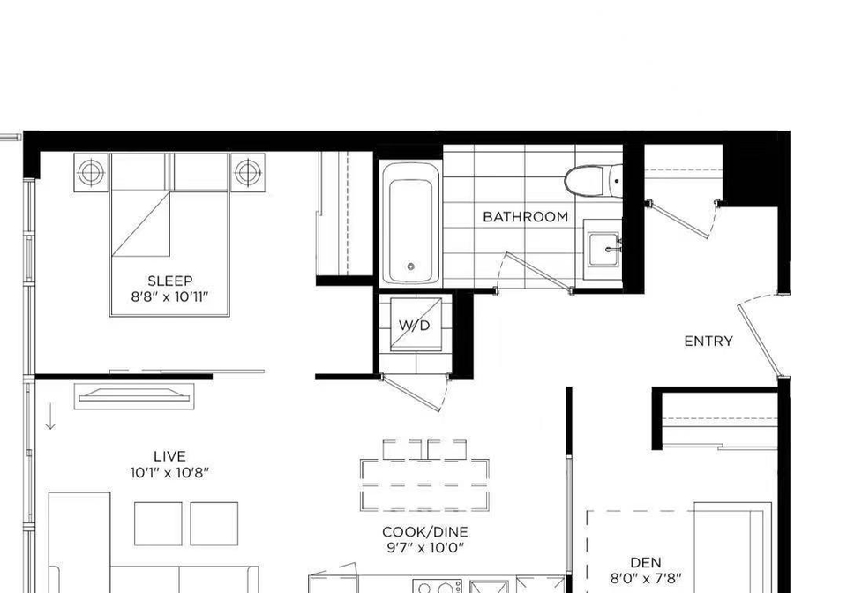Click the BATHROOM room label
[x=525, y=217]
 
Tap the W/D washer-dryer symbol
[x=416, y=325]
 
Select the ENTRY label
[x=708, y=342]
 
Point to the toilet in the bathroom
[x=593, y=180]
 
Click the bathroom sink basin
[x=603, y=249]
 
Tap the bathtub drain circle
[x=411, y=266]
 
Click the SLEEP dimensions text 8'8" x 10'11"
[x=169, y=297]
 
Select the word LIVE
[x=169, y=456]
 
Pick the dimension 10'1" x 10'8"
[x=169, y=473]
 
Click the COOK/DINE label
[x=424, y=532]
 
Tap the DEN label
[x=646, y=563]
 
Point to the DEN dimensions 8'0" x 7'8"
[x=646, y=579]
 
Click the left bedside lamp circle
[x=91, y=173]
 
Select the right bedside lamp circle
[x=247, y=173]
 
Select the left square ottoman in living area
[x=158, y=524]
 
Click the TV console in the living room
[x=134, y=396]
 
